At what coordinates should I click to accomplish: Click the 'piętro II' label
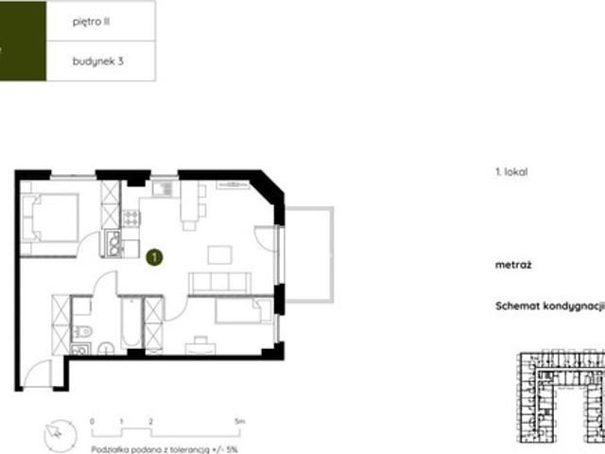[x=91, y=22]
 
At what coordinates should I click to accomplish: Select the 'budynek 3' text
[x=98, y=61]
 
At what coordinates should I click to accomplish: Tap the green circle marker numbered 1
[x=154, y=257]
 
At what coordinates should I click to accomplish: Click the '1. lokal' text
[x=511, y=172]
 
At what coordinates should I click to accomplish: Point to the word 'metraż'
[x=513, y=265]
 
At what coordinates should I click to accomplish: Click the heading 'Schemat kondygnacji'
[x=549, y=306]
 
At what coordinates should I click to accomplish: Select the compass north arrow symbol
[x=60, y=436]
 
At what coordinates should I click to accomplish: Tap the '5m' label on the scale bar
[x=240, y=421]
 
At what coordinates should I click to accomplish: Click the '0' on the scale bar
[x=92, y=421]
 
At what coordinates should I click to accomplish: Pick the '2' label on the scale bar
[x=151, y=421]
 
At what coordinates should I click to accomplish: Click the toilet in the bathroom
[x=82, y=331]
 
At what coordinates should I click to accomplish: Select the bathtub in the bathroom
[x=131, y=323]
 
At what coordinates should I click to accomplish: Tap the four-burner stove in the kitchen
[x=131, y=218]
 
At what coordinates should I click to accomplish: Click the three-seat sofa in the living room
[x=219, y=283]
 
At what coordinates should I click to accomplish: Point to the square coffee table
[x=220, y=254]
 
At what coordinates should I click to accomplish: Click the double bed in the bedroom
[x=50, y=218]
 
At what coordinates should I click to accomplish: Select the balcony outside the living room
[x=309, y=254]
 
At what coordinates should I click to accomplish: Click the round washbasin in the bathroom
[x=106, y=349]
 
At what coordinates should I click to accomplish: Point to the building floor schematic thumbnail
[x=561, y=396]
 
